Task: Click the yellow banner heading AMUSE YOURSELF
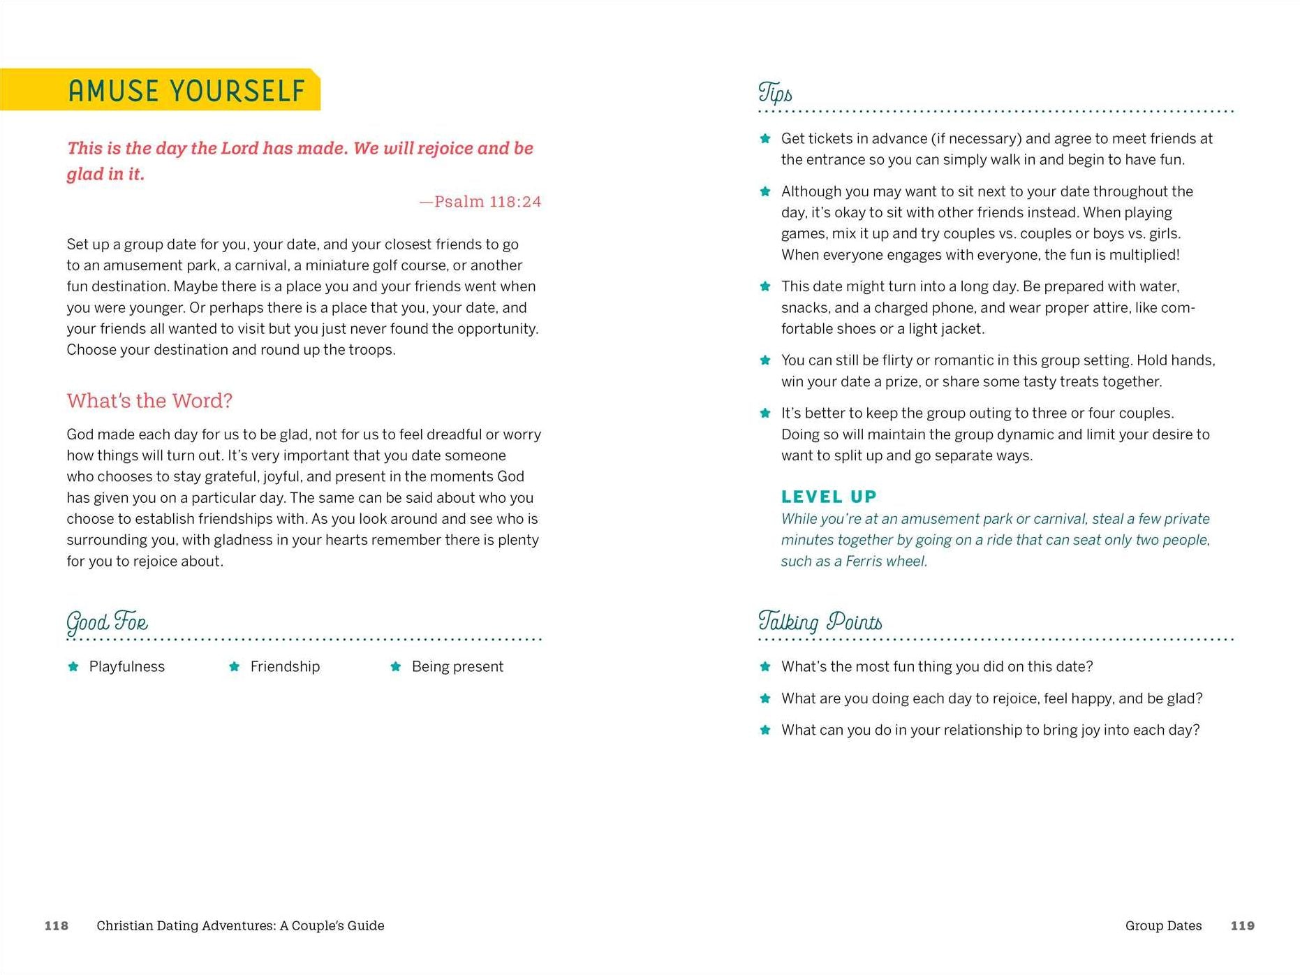click(186, 91)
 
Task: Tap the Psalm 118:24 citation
click(480, 202)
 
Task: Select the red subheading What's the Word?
click(149, 401)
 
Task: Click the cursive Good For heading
click(107, 622)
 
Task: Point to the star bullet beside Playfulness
click(73, 666)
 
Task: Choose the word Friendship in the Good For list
click(285, 666)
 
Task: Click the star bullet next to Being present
click(396, 666)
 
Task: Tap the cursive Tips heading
click(775, 93)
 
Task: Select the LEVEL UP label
click(829, 497)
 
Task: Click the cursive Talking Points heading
click(820, 622)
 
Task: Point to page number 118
click(57, 925)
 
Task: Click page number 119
click(1242, 925)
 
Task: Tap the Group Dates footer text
click(1163, 925)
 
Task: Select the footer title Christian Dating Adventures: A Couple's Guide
click(240, 925)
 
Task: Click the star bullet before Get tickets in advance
click(765, 138)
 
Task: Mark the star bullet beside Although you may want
click(765, 191)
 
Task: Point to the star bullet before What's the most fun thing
click(765, 666)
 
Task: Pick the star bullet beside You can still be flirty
click(765, 360)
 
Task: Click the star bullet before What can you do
click(765, 730)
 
